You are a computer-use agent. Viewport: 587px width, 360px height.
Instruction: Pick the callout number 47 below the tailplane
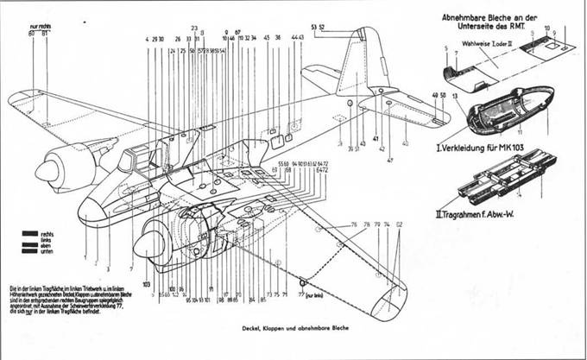[x=389, y=160]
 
